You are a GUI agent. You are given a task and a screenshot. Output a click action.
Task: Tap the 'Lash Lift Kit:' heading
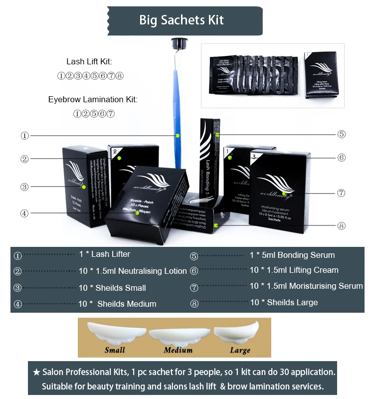[x=89, y=62]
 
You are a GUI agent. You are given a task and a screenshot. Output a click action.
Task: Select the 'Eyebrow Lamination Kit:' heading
[x=93, y=100]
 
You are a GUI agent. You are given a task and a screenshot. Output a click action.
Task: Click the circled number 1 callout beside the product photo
[x=25, y=136]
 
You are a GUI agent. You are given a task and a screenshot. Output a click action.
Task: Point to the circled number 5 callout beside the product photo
[x=341, y=134]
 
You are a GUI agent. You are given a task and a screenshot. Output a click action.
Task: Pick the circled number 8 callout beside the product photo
[x=341, y=226]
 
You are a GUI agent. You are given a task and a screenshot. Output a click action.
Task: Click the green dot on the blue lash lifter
[x=178, y=136]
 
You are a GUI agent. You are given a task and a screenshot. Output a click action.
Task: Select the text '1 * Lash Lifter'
[x=105, y=254]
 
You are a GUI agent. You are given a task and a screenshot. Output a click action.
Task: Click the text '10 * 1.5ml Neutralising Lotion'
[x=133, y=271]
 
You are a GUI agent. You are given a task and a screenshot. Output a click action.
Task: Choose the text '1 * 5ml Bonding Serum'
[x=292, y=255]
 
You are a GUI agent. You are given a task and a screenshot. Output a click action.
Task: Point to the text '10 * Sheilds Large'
[x=284, y=303]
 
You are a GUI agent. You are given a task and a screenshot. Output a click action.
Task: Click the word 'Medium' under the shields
[x=178, y=350]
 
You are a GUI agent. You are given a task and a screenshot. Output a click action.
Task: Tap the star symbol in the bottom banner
[x=36, y=373]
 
